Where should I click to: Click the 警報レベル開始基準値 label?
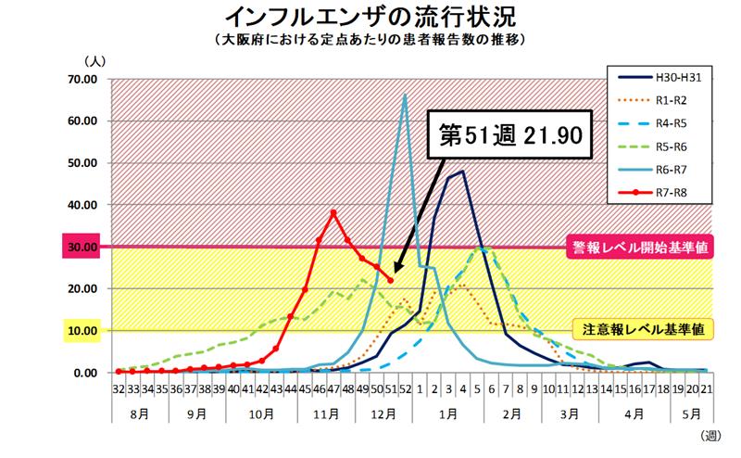click(x=641, y=248)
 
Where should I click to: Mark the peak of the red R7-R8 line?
click(x=333, y=213)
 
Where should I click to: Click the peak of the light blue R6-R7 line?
click(x=405, y=95)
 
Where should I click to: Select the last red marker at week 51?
click(x=390, y=280)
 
